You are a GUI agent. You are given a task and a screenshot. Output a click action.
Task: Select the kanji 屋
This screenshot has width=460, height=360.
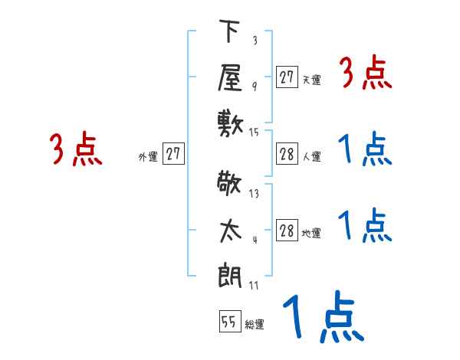[230, 77]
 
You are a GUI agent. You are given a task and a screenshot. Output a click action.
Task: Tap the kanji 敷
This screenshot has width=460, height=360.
[230, 122]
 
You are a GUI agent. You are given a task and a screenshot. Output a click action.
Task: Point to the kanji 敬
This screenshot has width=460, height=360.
[230, 185]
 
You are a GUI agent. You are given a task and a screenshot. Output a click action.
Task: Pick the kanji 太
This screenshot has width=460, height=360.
[230, 228]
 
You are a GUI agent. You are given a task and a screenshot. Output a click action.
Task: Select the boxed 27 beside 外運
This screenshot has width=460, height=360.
[174, 154]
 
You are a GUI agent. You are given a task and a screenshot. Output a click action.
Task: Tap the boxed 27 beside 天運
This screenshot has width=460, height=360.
[287, 77]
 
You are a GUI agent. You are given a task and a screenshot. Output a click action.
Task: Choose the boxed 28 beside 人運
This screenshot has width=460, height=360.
[287, 154]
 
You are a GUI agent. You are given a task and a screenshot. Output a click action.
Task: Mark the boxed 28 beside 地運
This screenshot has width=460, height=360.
[287, 231]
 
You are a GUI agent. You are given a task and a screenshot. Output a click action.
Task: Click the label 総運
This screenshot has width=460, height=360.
[255, 325]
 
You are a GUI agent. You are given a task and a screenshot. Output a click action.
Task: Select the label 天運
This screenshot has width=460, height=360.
[311, 80]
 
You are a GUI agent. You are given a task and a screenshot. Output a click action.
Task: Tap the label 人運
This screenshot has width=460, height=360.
[311, 156]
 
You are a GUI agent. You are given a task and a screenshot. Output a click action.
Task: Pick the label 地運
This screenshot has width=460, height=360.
[311, 233]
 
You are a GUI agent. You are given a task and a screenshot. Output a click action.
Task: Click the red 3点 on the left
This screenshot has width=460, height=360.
[77, 149]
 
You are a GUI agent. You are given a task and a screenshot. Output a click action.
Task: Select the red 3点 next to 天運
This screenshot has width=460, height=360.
[366, 74]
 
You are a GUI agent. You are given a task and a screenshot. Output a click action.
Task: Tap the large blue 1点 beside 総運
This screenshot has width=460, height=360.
[322, 318]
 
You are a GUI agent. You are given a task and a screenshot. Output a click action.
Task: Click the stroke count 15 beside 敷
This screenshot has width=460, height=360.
[255, 133]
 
